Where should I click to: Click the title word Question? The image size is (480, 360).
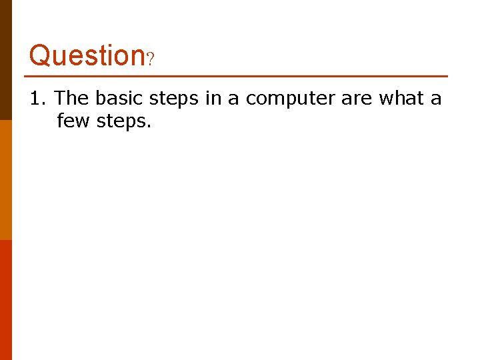(87, 55)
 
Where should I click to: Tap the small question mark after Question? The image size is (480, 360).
(151, 60)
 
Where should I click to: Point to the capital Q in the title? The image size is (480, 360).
(39, 55)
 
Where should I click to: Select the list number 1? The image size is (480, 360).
(36, 99)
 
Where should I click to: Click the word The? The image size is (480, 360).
(71, 99)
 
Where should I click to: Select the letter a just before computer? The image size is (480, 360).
(234, 100)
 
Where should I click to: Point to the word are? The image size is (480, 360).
(357, 100)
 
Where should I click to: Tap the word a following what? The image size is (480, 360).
(436, 100)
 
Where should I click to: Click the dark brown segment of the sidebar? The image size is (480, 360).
(5, 60)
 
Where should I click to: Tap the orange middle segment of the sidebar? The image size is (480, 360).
(5, 180)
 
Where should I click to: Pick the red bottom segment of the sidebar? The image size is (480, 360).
(5, 300)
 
